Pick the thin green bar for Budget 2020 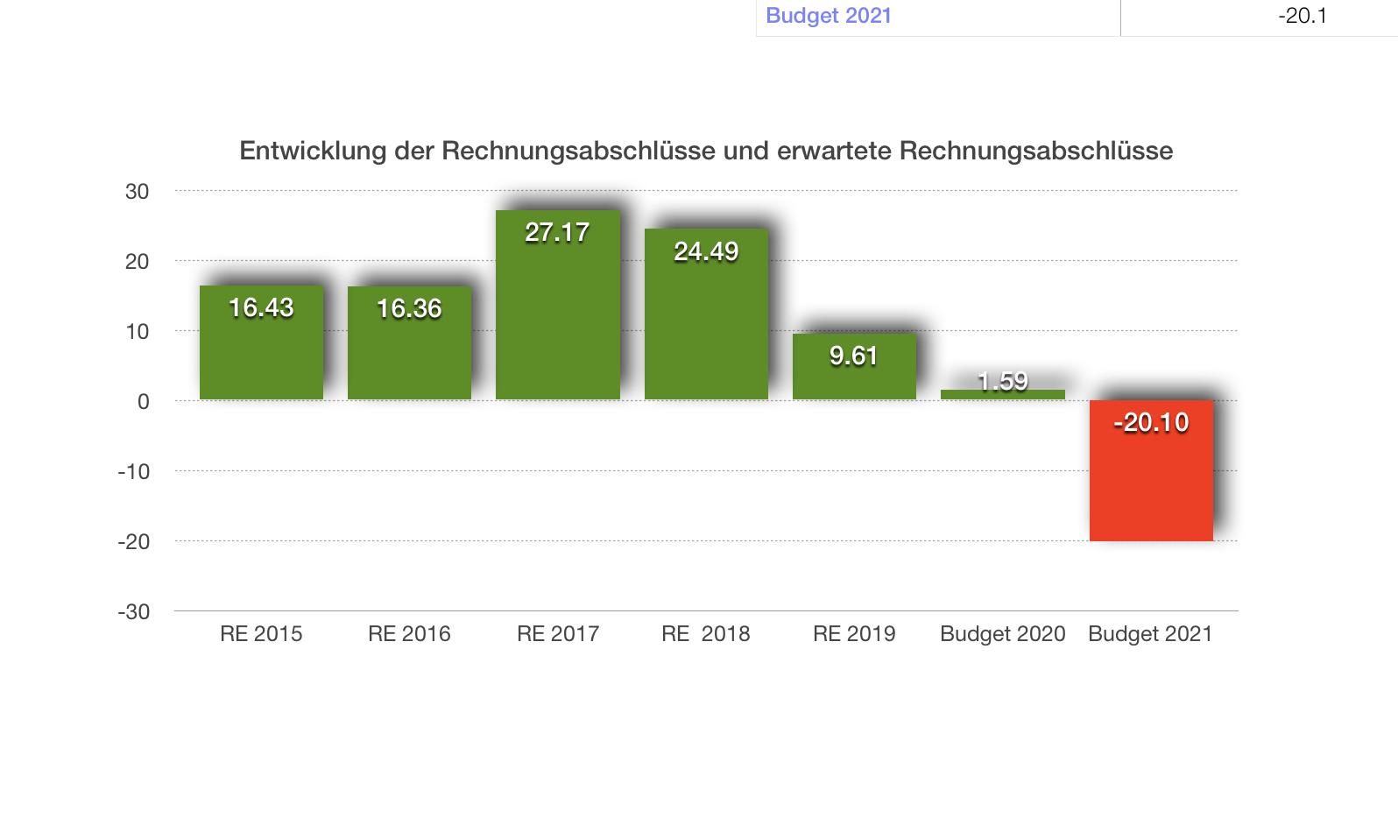[x=1002, y=395]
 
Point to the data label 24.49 [x=706, y=252]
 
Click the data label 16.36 [x=409, y=308]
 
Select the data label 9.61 [x=853, y=356]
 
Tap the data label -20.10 [x=1151, y=423]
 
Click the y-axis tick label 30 [x=138, y=192]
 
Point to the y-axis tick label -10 [x=134, y=472]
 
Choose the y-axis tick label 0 [x=143, y=402]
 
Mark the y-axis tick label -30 [x=134, y=612]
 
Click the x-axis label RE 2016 [x=409, y=634]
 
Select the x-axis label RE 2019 [x=854, y=634]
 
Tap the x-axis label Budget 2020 [x=1002, y=634]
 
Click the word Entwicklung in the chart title [x=313, y=152]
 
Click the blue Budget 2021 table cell [x=829, y=16]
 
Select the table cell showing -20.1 [x=1302, y=16]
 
